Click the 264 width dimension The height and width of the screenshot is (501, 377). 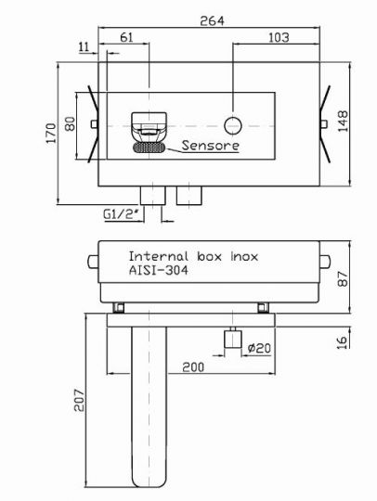(x=212, y=20)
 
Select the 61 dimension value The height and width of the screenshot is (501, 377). (x=126, y=37)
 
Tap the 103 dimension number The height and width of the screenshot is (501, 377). (x=279, y=38)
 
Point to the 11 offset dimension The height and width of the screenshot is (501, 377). (x=84, y=47)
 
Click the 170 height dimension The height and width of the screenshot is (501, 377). (x=51, y=133)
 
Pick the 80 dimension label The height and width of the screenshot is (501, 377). (x=70, y=124)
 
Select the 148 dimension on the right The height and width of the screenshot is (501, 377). (x=343, y=122)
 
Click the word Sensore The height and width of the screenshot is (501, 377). (x=211, y=146)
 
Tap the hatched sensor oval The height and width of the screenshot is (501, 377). (x=149, y=148)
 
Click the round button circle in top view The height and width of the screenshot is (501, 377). (x=233, y=125)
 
